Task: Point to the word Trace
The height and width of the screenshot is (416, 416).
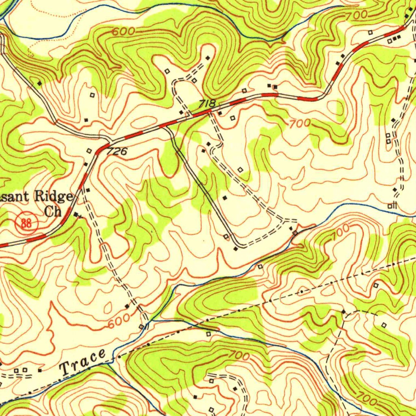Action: (83, 362)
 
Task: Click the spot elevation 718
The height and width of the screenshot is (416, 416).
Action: (207, 104)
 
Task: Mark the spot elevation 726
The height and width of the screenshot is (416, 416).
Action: (117, 152)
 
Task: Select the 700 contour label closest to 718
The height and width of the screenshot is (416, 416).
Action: (300, 123)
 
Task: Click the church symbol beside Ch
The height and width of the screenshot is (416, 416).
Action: (77, 214)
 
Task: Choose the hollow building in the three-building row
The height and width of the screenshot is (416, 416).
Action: (390, 41)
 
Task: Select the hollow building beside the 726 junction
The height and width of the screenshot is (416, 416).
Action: (89, 151)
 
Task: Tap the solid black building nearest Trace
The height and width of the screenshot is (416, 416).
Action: (40, 370)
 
